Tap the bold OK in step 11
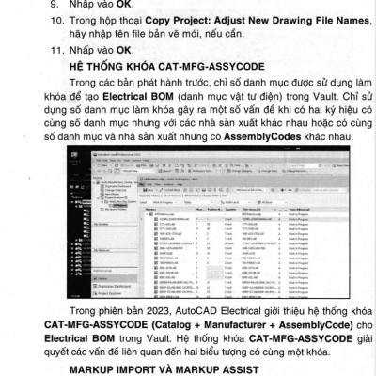point(130,52)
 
